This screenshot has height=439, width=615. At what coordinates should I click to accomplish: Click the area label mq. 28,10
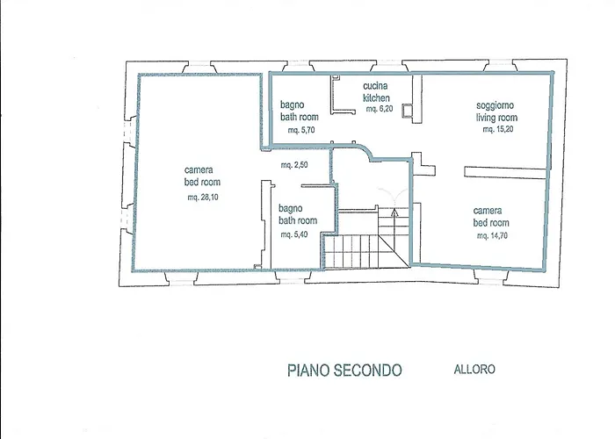tap(202, 198)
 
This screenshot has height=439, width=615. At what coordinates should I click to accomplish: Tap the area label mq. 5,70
tap(300, 130)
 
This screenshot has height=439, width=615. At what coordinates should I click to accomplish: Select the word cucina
tap(377, 86)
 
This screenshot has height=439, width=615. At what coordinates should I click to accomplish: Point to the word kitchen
tap(377, 97)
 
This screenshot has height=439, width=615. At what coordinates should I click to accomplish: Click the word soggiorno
tap(496, 104)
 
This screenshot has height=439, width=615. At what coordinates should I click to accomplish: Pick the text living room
tap(496, 117)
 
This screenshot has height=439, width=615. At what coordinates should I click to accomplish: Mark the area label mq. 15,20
tap(497, 129)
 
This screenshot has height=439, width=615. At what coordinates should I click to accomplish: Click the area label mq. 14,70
tap(492, 236)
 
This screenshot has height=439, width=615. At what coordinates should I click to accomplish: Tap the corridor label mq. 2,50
tap(294, 165)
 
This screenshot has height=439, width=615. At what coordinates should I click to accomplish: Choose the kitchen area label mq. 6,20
tap(379, 110)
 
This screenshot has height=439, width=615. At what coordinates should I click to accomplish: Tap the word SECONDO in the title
tap(370, 371)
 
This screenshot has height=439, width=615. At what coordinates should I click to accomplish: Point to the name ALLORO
tap(474, 370)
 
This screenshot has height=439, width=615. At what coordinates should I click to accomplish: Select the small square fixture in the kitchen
tap(407, 111)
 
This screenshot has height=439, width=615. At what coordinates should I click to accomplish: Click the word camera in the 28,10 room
tap(199, 169)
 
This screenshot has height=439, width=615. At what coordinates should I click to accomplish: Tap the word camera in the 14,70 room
tap(488, 211)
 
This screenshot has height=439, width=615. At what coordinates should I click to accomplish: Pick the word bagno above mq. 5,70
tap(293, 104)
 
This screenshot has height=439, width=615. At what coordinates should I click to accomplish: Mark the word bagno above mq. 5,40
tap(291, 209)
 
